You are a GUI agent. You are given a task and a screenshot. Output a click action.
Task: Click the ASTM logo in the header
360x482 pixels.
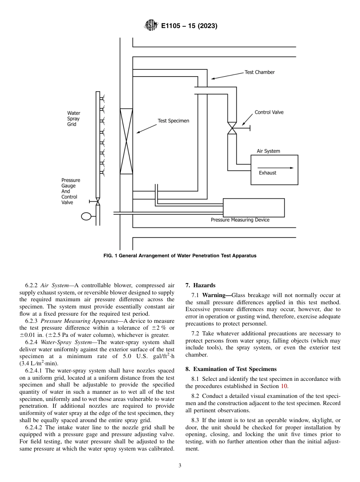(151, 26)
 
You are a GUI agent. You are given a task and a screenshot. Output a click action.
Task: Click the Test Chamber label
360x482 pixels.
(260, 72)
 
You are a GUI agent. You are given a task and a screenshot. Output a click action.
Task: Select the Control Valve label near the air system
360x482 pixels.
(269, 112)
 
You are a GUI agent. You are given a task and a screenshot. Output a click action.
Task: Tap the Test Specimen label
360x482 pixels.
(173, 121)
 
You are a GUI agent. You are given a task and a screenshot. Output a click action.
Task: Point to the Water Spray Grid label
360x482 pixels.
(74, 119)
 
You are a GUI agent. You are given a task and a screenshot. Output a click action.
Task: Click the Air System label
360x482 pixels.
(268, 151)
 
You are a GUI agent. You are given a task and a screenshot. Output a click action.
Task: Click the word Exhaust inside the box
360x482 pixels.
(268, 173)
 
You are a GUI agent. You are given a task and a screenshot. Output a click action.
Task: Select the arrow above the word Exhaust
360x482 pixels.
(275, 167)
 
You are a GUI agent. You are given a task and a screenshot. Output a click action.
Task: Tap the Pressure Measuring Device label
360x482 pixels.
(240, 220)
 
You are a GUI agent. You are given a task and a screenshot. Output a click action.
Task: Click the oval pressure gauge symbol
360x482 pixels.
(86, 216)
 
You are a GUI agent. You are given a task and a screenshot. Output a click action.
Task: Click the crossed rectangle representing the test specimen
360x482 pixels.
(126, 141)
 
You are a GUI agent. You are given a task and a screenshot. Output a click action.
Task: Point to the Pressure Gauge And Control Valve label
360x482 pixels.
(70, 191)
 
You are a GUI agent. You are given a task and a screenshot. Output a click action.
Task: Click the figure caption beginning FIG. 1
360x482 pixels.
(180, 256)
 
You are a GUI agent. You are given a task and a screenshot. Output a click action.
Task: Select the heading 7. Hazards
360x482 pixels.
(200, 285)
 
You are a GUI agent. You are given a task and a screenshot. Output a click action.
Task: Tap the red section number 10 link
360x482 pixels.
(284, 386)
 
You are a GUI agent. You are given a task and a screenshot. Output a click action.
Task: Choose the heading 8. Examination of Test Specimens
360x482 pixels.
(231, 369)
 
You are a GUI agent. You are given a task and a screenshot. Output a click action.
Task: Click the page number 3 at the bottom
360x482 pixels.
(180, 466)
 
